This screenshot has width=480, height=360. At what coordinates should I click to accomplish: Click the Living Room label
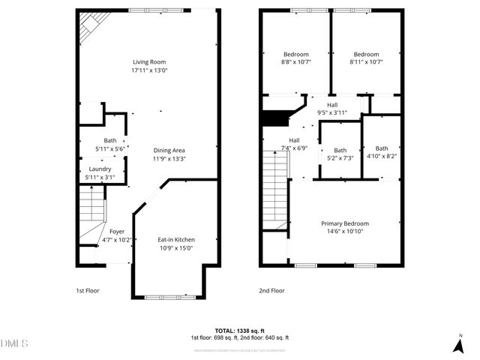pyautogui.click(x=149, y=61)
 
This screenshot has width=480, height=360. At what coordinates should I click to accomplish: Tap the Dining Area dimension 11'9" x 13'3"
pyautogui.click(x=169, y=158)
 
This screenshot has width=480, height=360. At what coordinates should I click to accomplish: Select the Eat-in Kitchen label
pyautogui.click(x=175, y=240)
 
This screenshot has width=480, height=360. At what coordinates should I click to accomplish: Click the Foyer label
pyautogui.click(x=117, y=232)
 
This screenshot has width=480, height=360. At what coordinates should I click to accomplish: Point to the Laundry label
pyautogui.click(x=100, y=169)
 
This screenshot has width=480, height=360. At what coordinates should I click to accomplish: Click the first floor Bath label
pyautogui.click(x=110, y=141)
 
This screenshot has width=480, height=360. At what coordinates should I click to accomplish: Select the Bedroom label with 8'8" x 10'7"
pyautogui.click(x=295, y=54)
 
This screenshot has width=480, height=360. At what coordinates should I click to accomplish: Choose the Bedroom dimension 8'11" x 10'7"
pyautogui.click(x=366, y=63)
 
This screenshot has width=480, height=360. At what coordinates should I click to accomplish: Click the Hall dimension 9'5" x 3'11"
pyautogui.click(x=332, y=113)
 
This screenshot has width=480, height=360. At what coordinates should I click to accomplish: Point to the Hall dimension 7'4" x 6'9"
pyautogui.click(x=295, y=148)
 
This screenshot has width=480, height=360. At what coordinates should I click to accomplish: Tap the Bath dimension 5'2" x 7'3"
pyautogui.click(x=340, y=158)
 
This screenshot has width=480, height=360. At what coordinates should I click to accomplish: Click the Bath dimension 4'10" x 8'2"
pyautogui.click(x=382, y=157)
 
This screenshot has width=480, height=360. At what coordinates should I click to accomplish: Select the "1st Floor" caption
pyautogui.click(x=87, y=290)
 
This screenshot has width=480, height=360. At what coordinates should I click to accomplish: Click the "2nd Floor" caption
pyautogui.click(x=272, y=290)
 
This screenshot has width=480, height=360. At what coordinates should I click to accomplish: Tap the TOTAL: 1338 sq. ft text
pyautogui.click(x=239, y=331)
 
